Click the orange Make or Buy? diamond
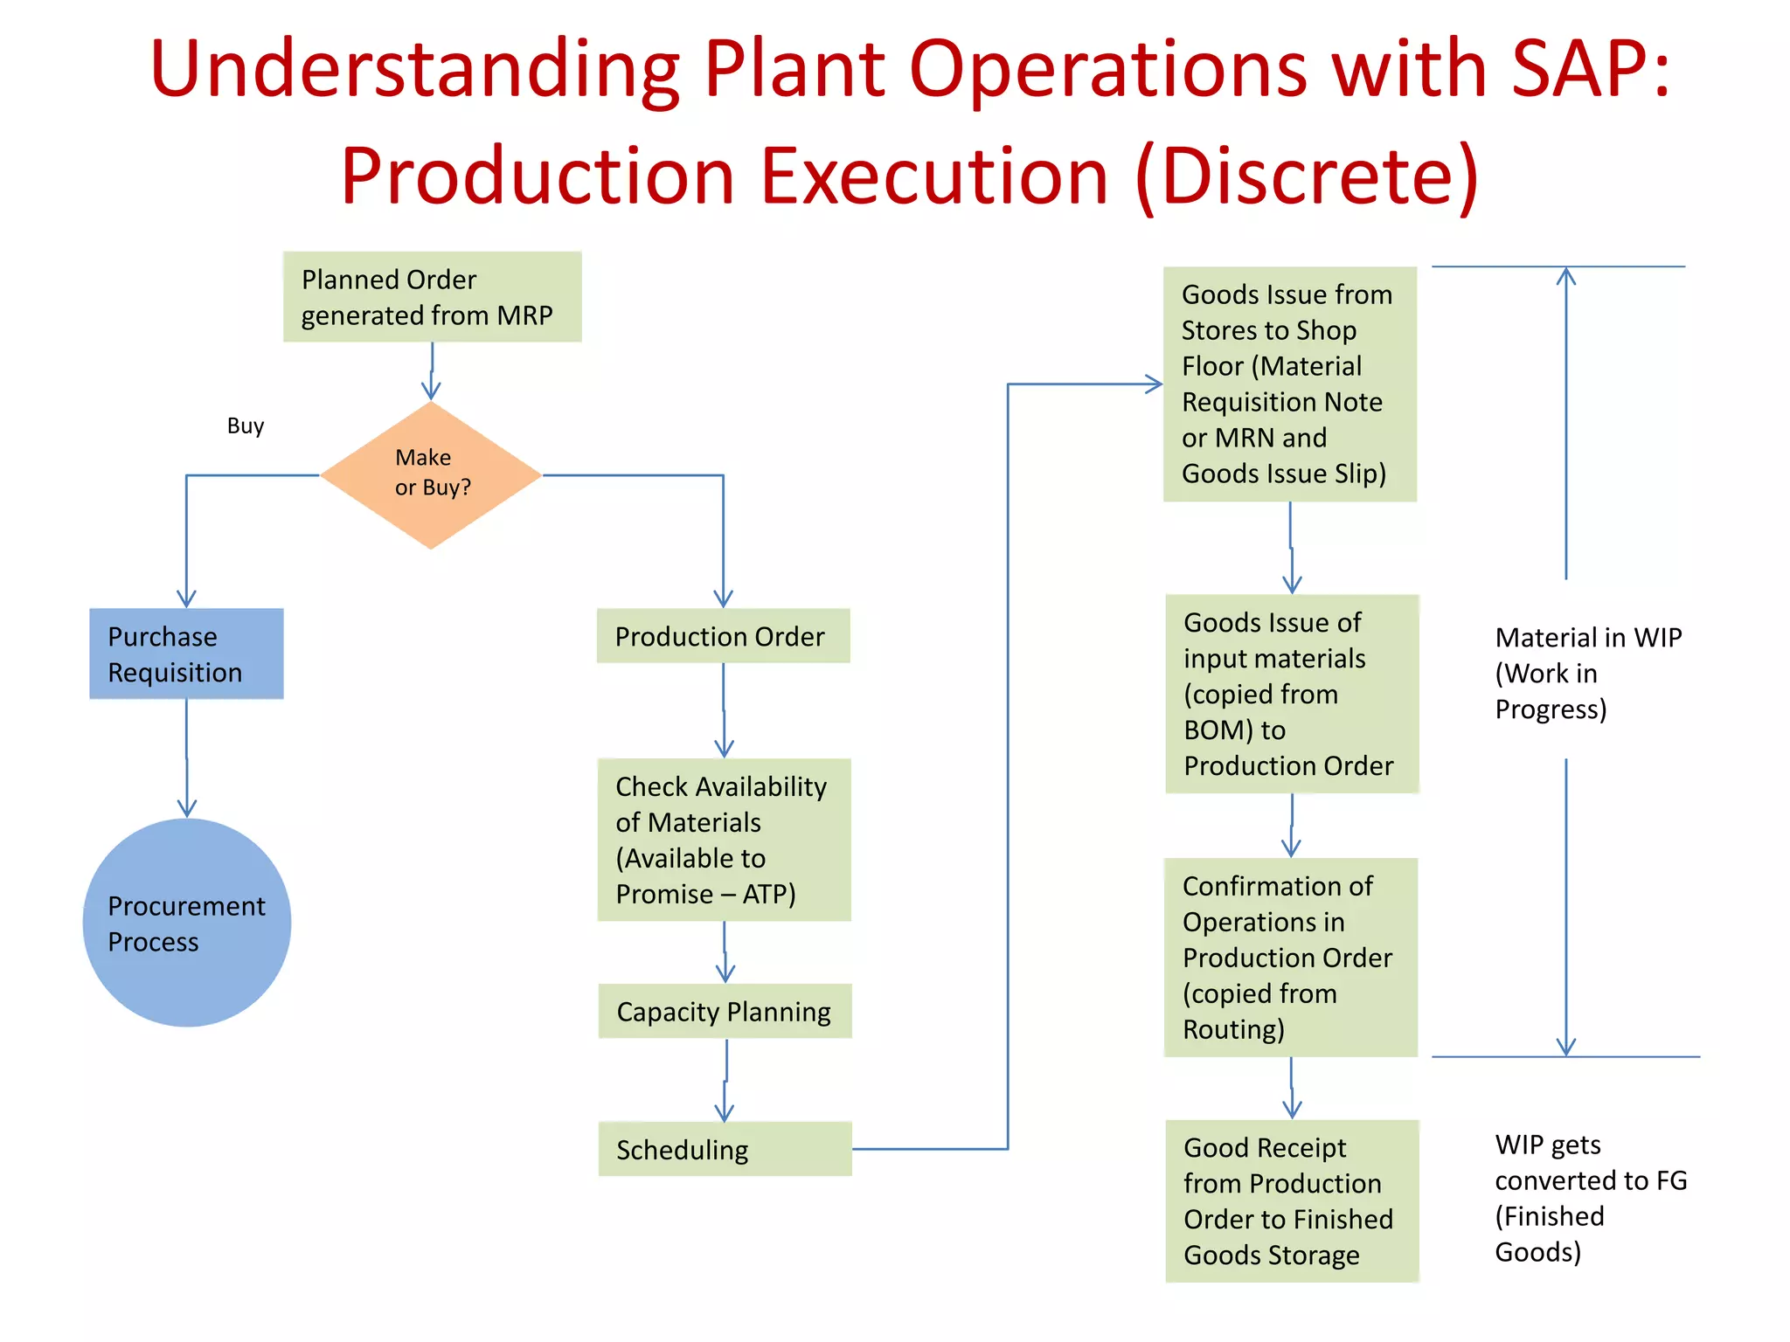pyautogui.click(x=431, y=474)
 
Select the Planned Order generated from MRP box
pyautogui.click(x=432, y=297)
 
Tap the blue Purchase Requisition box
pyautogui.click(x=186, y=654)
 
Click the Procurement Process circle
pyautogui.click(x=186, y=923)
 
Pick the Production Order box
pyautogui.click(x=723, y=636)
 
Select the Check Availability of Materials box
pyautogui.click(x=723, y=840)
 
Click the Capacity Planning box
pyautogui.click(x=725, y=1011)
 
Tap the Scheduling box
pyautogui.click(x=725, y=1149)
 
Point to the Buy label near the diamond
pyautogui.click(x=246, y=425)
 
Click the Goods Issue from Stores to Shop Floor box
pyautogui.click(x=1289, y=384)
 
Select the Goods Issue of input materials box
pyautogui.click(x=1291, y=694)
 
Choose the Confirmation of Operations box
pyautogui.click(x=1290, y=957)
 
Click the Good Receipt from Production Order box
pyautogui.click(x=1291, y=1200)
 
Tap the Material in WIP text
pyautogui.click(x=1587, y=673)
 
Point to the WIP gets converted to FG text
pyautogui.click(x=1589, y=1198)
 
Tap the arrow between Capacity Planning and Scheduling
pyautogui.click(x=725, y=1080)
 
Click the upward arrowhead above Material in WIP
pyautogui.click(x=1566, y=275)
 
